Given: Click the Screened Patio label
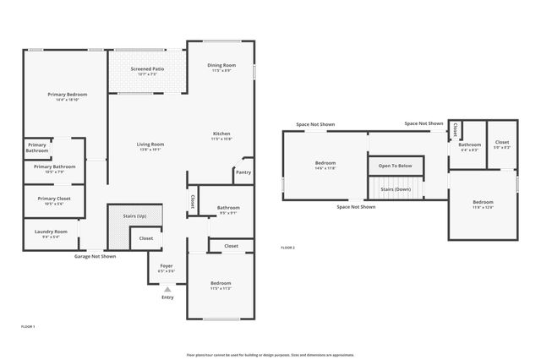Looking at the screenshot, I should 147,68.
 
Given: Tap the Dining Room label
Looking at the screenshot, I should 221,65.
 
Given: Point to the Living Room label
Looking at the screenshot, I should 150,145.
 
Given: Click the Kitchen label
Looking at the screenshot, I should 221,134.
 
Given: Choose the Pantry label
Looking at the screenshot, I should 243,172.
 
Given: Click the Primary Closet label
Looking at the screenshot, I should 53,199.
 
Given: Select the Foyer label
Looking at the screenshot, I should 167,265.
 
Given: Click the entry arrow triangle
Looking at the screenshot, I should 167,289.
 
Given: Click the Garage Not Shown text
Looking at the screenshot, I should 95,256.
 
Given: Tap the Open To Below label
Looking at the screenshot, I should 395,166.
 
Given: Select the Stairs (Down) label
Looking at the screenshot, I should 395,189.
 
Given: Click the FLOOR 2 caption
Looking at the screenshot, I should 287,247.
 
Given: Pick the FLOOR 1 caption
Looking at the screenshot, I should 28,325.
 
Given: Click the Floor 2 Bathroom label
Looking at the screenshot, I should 469,145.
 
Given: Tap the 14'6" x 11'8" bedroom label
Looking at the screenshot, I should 325,165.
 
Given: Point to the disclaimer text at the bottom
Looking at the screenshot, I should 270,354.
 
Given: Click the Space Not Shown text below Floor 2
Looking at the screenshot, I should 356,206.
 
